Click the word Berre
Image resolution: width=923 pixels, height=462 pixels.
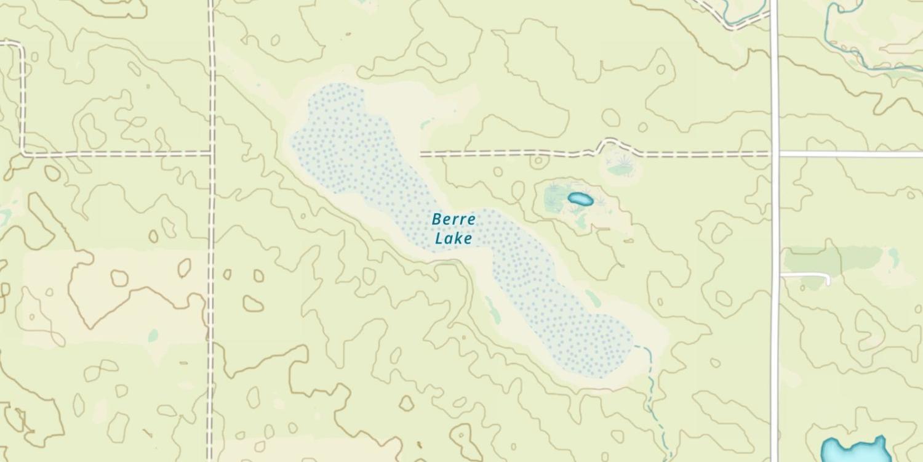[454, 219]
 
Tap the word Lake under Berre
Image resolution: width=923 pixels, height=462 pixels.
[454, 238]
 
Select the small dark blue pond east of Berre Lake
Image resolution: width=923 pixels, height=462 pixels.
[580, 199]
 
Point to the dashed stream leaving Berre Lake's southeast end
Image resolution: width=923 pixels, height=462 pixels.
[650, 382]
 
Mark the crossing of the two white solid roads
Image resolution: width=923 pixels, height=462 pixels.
[775, 153]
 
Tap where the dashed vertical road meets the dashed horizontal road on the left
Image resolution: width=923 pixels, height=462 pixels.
[211, 152]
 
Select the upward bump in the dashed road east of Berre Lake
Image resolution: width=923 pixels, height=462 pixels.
[608, 144]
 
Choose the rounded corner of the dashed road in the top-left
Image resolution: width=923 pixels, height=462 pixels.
[22, 47]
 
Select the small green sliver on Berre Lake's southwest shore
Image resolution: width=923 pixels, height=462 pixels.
[492, 309]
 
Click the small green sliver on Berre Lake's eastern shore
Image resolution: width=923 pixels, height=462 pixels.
[593, 299]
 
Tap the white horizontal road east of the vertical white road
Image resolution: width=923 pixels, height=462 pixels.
[849, 153]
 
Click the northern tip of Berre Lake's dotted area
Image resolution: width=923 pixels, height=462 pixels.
[335, 87]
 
